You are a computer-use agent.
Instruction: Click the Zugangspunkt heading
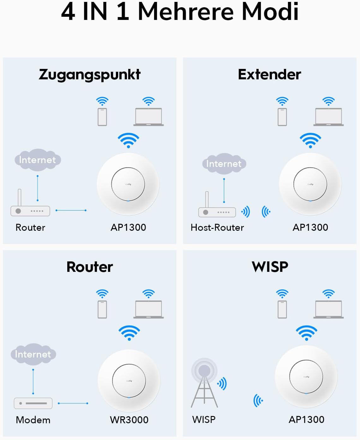tap(90, 75)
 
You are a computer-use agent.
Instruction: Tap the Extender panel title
tap(270, 74)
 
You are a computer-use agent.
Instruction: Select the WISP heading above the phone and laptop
tap(270, 267)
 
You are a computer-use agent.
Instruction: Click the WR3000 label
tap(129, 420)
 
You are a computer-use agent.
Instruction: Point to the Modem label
tap(33, 420)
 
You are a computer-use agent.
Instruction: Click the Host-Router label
tap(217, 227)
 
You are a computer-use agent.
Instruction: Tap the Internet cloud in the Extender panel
tap(224, 164)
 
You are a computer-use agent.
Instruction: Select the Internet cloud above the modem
tap(33, 354)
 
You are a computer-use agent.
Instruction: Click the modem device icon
tap(33, 403)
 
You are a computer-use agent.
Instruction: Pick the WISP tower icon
tap(204, 383)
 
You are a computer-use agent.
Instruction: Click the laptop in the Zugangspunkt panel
tap(149, 117)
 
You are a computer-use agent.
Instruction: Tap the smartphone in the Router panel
tap(102, 309)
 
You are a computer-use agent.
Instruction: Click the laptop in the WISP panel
tap(328, 309)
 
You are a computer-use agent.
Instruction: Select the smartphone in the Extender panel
tap(282, 117)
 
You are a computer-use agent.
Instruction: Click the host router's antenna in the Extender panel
tap(207, 199)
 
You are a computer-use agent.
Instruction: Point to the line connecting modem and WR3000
tap(73, 403)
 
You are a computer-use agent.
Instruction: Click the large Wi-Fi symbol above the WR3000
tap(129, 333)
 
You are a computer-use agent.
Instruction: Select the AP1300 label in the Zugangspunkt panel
tap(128, 227)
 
